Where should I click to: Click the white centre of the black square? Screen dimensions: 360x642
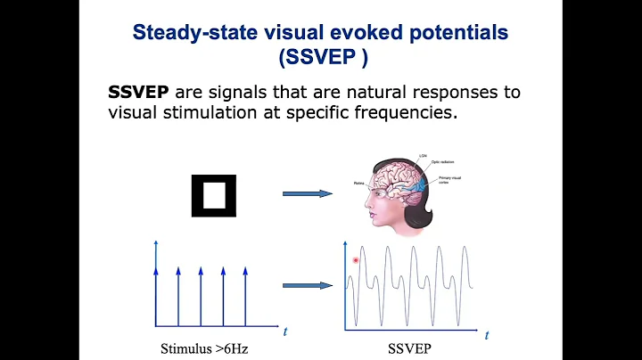click(215, 193)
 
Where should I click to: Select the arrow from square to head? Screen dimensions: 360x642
click(306, 193)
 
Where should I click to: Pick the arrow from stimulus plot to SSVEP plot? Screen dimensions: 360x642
click(306, 285)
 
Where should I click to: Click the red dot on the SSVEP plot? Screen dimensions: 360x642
click(356, 260)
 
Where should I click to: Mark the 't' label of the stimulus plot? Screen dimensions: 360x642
click(285, 331)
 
